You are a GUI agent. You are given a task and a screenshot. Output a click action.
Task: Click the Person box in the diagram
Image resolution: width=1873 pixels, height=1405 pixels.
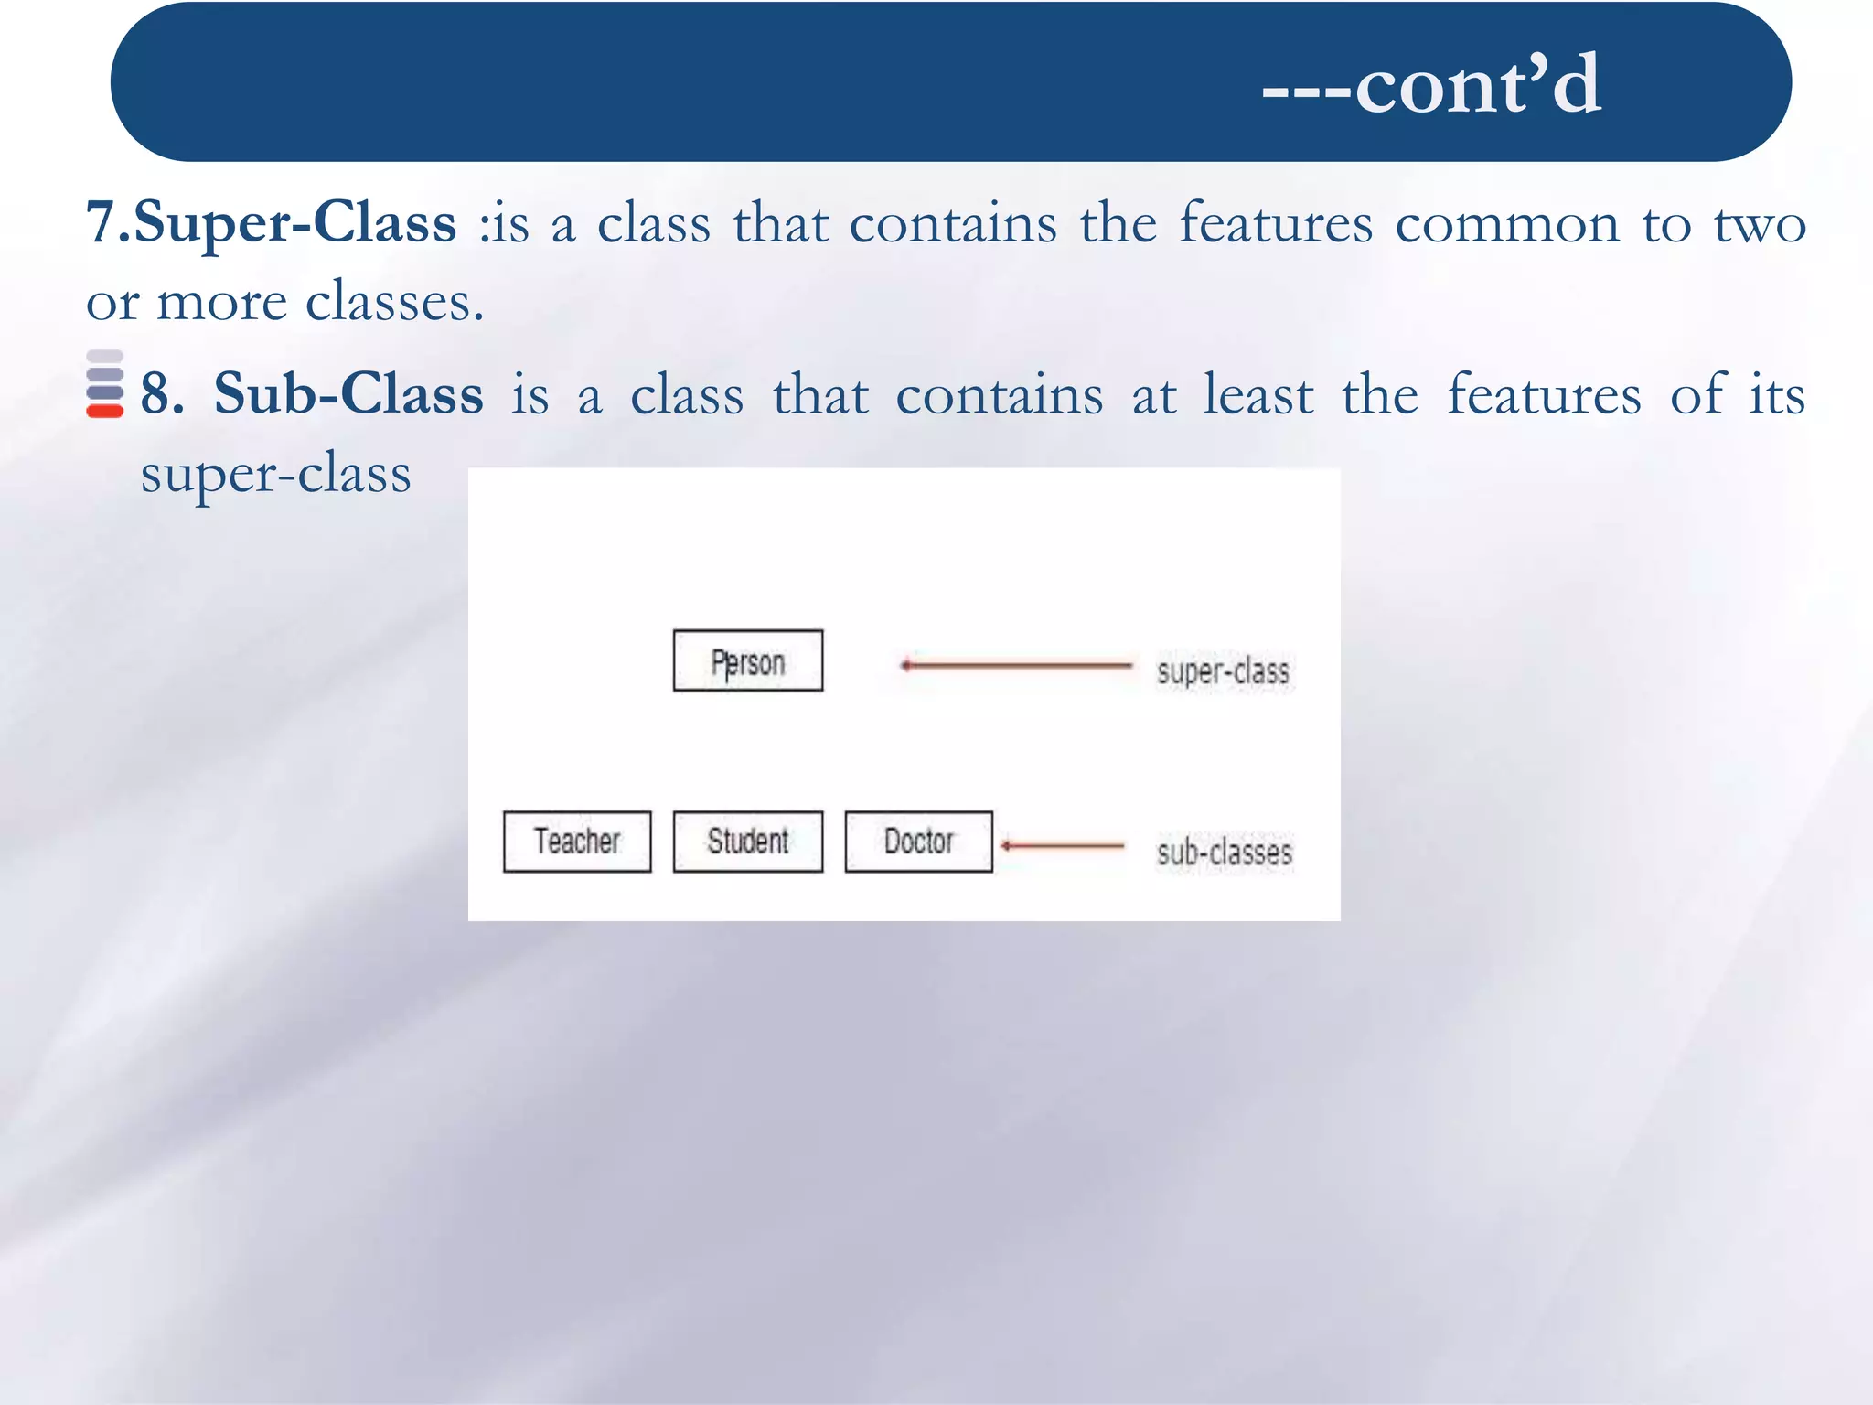pyautogui.click(x=748, y=661)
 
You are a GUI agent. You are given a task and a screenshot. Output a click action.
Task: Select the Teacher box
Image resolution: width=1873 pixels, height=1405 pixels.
pyautogui.click(x=577, y=842)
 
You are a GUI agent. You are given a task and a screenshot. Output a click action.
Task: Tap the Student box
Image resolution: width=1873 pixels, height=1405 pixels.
pyautogui.click(x=748, y=842)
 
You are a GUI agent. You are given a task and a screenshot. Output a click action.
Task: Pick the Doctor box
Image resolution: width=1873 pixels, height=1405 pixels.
pyautogui.click(x=918, y=842)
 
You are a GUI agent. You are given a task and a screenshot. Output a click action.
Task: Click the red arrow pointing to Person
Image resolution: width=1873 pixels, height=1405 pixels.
pyautogui.click(x=1015, y=665)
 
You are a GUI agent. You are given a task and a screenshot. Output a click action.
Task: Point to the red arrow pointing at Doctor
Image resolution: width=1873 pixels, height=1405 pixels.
pyautogui.click(x=1061, y=846)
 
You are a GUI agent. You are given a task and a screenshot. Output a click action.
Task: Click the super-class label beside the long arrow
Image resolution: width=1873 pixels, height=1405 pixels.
pyautogui.click(x=1223, y=671)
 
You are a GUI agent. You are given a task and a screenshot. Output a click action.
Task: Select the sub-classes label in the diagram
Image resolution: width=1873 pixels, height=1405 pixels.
pyautogui.click(x=1224, y=853)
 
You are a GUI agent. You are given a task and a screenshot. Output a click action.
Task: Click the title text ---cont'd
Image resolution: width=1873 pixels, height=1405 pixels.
pyautogui.click(x=1431, y=84)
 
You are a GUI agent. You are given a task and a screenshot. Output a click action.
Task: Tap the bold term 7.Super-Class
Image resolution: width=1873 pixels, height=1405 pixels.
pyautogui.click(x=271, y=222)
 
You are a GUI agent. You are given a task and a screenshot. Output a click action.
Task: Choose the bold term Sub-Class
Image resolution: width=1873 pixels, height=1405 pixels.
pyautogui.click(x=348, y=394)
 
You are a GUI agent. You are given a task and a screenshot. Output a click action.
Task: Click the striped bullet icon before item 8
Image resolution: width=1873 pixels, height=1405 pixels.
pyautogui.click(x=104, y=384)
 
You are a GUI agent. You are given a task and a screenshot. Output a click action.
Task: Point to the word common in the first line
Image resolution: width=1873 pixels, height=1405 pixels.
pyautogui.click(x=1506, y=224)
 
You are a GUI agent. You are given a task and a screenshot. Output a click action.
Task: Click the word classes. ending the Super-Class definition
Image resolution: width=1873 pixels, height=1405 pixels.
pyautogui.click(x=394, y=302)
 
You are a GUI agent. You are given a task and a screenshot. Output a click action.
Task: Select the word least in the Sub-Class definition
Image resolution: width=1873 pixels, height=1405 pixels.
pyautogui.click(x=1258, y=394)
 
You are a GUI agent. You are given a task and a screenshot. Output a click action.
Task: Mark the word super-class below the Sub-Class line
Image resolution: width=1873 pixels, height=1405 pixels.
pyautogui.click(x=275, y=475)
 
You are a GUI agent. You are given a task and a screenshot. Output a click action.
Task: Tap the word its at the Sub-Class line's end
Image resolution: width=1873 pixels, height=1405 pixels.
pyautogui.click(x=1777, y=394)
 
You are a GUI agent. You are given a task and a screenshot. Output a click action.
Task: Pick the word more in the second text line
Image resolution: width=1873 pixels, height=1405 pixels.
pyautogui.click(x=221, y=303)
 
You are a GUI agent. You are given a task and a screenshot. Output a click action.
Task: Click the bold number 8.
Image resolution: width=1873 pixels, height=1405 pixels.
pyautogui.click(x=162, y=395)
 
